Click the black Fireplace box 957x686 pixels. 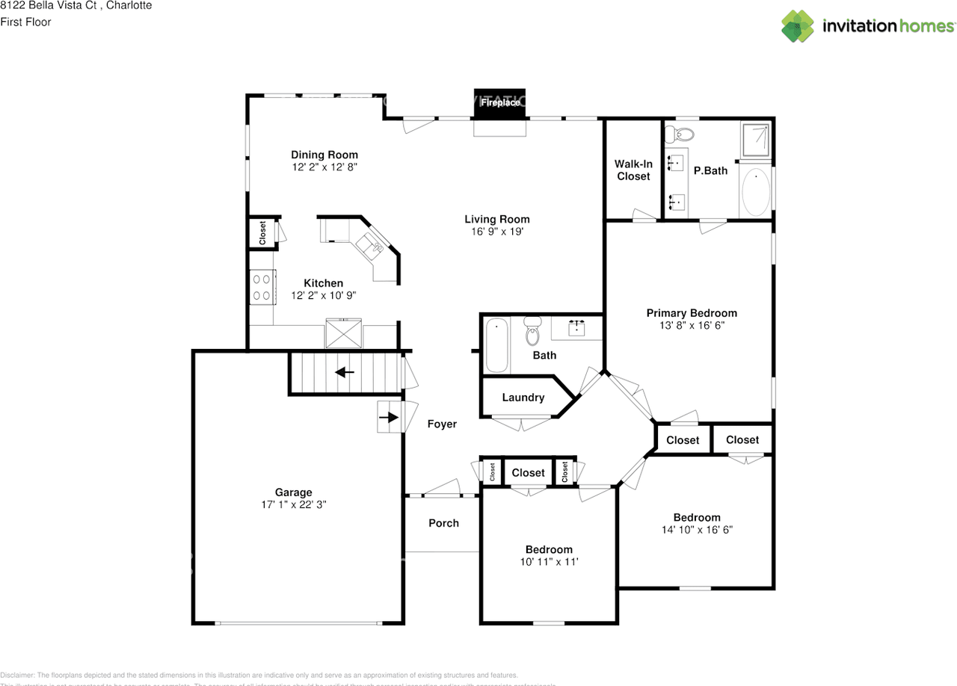500,103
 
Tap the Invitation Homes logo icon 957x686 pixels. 798,26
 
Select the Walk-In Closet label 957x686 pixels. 633,170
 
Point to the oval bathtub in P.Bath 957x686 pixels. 755,192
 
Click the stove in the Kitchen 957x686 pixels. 262,287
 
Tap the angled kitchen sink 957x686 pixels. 369,244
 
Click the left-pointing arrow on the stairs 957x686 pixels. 345,371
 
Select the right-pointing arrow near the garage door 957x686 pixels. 389,417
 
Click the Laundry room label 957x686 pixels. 523,398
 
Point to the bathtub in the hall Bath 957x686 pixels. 496,345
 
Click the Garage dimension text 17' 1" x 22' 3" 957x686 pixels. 293,504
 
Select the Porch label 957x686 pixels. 443,523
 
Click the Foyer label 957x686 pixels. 442,424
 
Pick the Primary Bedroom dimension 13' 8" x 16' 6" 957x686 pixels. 691,325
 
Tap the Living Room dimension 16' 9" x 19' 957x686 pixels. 496,232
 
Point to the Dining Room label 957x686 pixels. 324,155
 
